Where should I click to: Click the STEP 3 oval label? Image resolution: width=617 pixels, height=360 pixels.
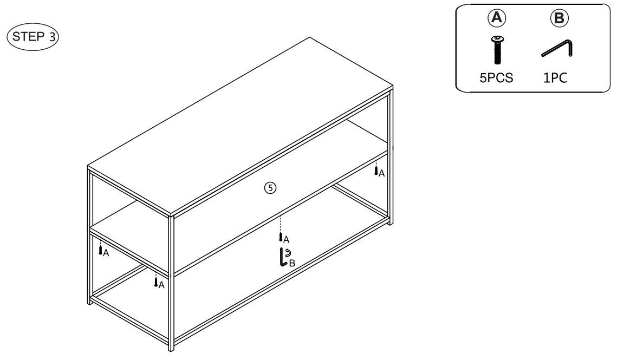coord(33,37)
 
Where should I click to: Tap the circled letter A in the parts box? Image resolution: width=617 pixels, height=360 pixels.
coord(497,18)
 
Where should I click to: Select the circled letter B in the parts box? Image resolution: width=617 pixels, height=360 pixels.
coord(559,18)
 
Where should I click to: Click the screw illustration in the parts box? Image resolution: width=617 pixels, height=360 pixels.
coord(497,50)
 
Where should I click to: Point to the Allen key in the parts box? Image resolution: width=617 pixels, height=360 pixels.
coord(557,48)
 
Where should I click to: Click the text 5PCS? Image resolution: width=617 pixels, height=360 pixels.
coord(496,78)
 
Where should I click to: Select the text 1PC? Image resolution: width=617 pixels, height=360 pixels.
coord(555,78)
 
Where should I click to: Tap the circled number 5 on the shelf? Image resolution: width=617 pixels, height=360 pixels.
coord(270,188)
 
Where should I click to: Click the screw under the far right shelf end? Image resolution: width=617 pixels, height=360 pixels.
coord(376,171)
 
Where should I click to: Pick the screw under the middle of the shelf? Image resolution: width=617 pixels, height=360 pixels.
coord(281,237)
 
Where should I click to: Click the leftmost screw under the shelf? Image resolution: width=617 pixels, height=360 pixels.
coord(100,250)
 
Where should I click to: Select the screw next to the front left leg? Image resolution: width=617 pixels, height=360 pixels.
coord(156,282)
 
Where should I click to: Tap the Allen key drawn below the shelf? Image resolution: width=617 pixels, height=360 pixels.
coord(283,257)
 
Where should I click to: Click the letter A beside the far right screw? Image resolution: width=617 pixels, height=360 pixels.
coord(381,174)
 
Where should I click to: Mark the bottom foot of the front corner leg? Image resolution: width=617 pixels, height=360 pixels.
coord(171,348)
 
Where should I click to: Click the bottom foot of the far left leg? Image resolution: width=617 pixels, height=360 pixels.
coord(89,302)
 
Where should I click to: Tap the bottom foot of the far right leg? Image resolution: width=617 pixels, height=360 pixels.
coord(391,222)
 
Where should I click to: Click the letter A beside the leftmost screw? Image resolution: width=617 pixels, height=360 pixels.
coord(106,253)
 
